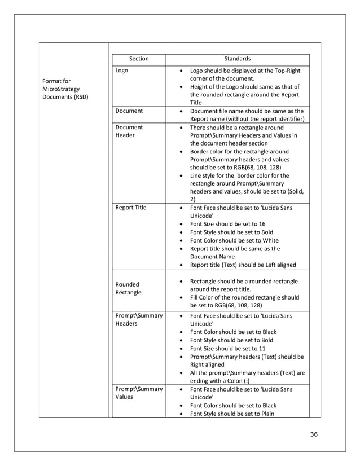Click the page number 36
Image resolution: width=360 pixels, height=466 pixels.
point(314,434)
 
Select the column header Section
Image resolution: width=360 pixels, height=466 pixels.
point(139,59)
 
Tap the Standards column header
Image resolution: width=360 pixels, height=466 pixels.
point(237,59)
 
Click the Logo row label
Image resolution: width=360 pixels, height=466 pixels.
point(121,71)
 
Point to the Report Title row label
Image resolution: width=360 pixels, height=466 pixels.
point(130,208)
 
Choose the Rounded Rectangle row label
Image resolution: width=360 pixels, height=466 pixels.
point(127,288)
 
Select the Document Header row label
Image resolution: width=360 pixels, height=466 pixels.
point(129,131)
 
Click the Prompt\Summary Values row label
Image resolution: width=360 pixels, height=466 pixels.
point(138,393)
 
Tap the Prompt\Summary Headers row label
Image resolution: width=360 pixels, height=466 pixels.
point(138,319)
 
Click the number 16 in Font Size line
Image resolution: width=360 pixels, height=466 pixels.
point(262,224)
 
